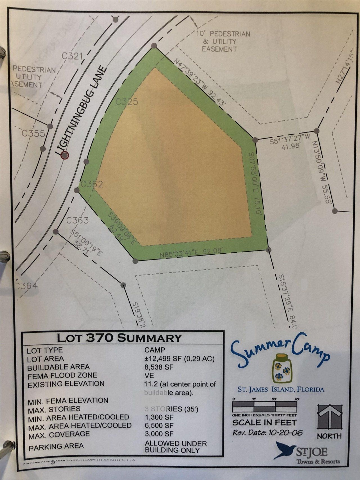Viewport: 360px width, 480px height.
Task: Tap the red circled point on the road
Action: click(65, 155)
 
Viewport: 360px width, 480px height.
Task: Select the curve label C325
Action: click(127, 102)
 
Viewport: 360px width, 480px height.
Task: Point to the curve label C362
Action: click(92, 184)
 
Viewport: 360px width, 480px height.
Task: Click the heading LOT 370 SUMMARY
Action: click(119, 338)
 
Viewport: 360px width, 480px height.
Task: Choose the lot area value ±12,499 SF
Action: click(179, 359)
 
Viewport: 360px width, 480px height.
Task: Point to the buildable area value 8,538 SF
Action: click(159, 367)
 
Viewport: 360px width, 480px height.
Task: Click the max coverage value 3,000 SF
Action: click(159, 434)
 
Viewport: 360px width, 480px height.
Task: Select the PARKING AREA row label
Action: click(56, 447)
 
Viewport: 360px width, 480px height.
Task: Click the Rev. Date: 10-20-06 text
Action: click(267, 432)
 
